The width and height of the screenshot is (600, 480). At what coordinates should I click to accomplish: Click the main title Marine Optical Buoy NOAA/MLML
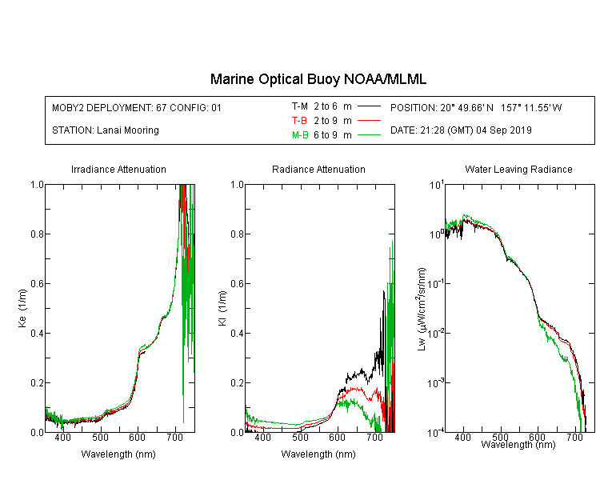point(318,79)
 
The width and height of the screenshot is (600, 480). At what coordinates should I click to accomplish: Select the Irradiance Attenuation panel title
point(118,169)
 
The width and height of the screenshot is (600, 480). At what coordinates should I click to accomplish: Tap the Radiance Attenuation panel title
point(318,169)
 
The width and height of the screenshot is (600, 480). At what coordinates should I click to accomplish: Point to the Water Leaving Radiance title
point(518,169)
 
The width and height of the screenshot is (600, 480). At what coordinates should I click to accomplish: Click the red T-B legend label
point(300,121)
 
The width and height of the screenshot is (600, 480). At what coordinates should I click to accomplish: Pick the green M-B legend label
point(300,134)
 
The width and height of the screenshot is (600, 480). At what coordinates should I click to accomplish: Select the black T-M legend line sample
point(369,106)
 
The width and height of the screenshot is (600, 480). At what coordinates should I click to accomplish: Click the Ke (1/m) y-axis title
point(22,308)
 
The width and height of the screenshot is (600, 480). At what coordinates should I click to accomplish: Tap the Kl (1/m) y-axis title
point(222,309)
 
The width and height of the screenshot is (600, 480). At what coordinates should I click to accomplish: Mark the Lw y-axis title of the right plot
point(422,309)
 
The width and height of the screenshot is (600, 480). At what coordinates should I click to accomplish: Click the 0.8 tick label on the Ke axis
point(38,234)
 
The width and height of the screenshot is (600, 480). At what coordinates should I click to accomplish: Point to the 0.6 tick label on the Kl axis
point(238,284)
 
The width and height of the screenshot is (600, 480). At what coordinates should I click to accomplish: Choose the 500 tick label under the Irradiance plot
point(100,437)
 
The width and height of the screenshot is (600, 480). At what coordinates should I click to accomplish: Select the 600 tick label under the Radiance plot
point(337,437)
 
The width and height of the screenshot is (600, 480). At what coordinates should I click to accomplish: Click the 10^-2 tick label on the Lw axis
point(436,333)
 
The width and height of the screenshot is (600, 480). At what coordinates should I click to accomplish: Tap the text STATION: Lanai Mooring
point(106,130)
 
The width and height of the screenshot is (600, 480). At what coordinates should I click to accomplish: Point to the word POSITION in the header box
point(414,107)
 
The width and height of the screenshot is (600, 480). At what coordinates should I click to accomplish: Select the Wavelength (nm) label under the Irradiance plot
point(118,454)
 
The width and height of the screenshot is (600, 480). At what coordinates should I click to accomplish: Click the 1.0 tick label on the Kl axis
point(238,185)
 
